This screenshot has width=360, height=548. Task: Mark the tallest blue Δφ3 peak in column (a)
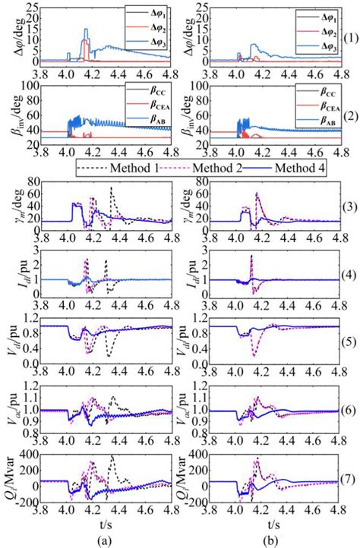point(86,30)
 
